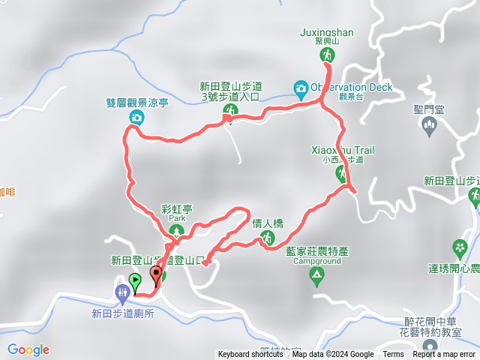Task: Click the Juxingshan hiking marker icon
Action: point(327,55)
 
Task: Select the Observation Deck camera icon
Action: point(301,88)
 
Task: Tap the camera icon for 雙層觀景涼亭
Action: point(136,117)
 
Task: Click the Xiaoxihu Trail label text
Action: point(342,150)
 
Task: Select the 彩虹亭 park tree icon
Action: point(177,230)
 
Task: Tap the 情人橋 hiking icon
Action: point(268,238)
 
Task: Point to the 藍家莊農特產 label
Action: point(323,251)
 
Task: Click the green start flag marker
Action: point(135,282)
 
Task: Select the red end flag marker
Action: point(156,274)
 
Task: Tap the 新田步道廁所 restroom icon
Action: point(122,291)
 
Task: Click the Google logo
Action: point(28,349)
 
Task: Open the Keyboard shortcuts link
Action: point(250,355)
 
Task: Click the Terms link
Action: point(393,355)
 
